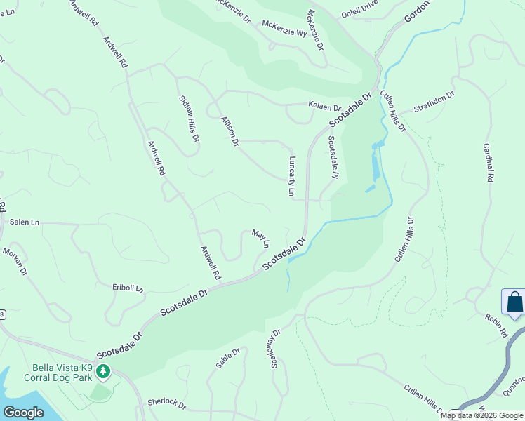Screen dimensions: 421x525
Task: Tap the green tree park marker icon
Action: (103, 370)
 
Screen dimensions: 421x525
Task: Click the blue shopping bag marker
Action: (514, 302)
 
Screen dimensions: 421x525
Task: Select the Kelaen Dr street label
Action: (324, 107)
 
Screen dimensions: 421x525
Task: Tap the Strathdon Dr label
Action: (434, 102)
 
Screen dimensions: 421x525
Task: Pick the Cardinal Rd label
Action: (489, 163)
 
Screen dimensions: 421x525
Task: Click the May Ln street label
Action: (260, 239)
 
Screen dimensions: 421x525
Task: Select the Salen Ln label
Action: (25, 222)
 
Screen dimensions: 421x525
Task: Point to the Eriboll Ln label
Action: (128, 287)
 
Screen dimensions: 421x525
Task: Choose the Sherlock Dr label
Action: (166, 405)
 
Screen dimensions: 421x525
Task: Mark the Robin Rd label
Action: (494, 326)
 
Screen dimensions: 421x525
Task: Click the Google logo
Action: (24, 412)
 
